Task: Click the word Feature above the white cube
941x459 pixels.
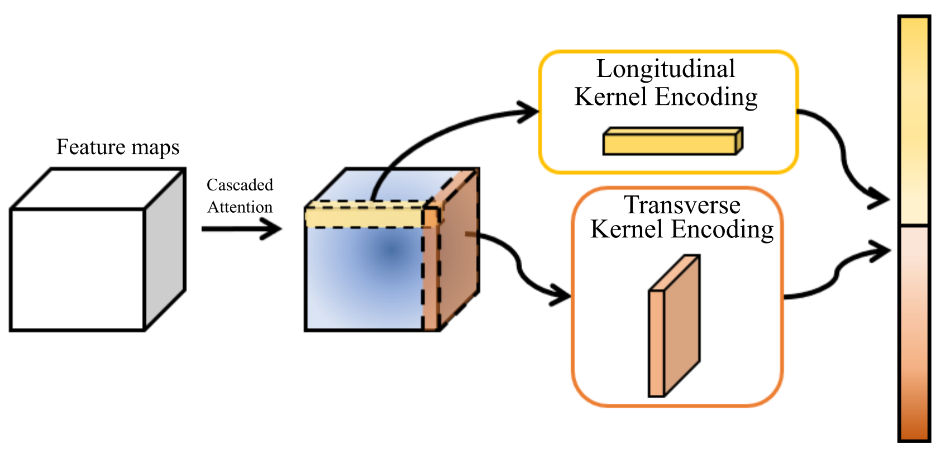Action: click(x=90, y=146)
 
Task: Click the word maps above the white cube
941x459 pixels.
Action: click(x=155, y=148)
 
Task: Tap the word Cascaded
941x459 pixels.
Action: click(x=240, y=185)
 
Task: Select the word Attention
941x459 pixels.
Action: click(x=240, y=207)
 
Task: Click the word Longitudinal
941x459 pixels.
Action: click(x=666, y=69)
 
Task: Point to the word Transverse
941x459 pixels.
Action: click(x=682, y=205)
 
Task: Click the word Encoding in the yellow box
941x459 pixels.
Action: click(x=706, y=97)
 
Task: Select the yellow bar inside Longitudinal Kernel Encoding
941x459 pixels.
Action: click(x=672, y=141)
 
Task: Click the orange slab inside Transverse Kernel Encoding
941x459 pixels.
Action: click(x=674, y=326)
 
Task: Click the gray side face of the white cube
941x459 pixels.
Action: click(x=165, y=250)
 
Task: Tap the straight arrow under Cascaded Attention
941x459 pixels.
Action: click(x=242, y=229)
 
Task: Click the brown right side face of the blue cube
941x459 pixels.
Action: click(x=458, y=248)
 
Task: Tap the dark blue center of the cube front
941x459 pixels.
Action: click(x=391, y=251)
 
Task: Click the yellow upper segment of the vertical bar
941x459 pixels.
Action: click(x=915, y=121)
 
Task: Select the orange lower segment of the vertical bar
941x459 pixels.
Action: click(x=915, y=334)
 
